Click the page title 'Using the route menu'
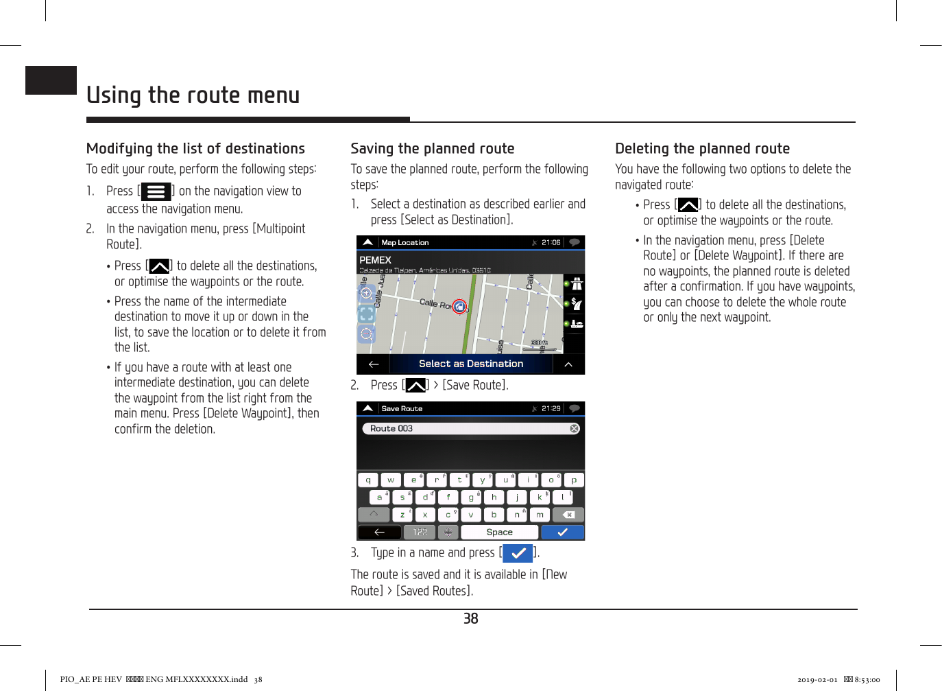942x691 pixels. [x=193, y=95]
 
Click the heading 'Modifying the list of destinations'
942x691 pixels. [x=195, y=149]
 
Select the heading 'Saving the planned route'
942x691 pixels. [x=432, y=149]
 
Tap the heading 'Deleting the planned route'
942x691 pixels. [x=702, y=149]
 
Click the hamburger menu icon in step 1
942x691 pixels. [x=156, y=191]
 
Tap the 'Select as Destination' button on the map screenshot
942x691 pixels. [x=470, y=364]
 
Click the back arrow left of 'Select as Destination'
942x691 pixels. [x=374, y=364]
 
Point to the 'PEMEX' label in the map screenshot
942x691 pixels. [x=375, y=260]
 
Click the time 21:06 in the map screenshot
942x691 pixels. [x=551, y=242]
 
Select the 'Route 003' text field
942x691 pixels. [x=466, y=429]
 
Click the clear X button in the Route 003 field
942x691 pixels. [x=575, y=429]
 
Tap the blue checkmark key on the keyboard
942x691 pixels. [x=562, y=532]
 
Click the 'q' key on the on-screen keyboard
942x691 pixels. [x=368, y=480]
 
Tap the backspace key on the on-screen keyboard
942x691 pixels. [x=568, y=515]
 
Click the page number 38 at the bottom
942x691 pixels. [x=470, y=619]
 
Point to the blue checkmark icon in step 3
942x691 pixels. [x=518, y=553]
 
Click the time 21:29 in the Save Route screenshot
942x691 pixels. [x=551, y=408]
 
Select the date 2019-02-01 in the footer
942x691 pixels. [x=817, y=680]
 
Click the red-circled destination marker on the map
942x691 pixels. [x=459, y=307]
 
